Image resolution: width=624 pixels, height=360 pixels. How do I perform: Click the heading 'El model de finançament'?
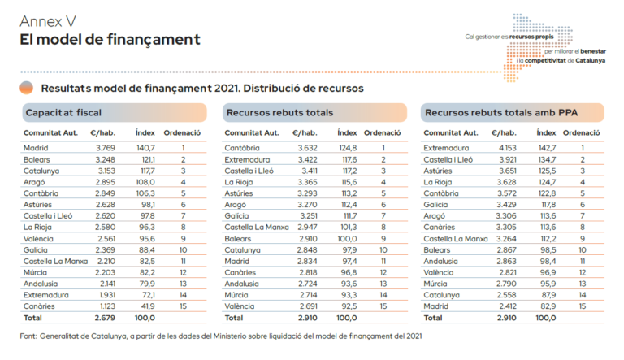(x=110, y=39)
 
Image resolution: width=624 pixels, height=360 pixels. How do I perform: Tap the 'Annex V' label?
(x=48, y=20)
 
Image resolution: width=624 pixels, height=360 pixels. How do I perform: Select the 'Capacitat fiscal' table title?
(x=63, y=112)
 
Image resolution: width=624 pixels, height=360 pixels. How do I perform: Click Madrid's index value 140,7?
(x=145, y=149)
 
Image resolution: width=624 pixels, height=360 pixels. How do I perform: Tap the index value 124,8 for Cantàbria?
(x=347, y=149)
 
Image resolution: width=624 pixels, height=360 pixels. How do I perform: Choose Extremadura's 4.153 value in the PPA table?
(x=505, y=149)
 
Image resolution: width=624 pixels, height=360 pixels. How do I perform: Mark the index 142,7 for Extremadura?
(x=546, y=149)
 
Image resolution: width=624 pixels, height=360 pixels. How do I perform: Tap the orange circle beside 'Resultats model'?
(x=27, y=88)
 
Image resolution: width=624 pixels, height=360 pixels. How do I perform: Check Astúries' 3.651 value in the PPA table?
(x=505, y=171)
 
